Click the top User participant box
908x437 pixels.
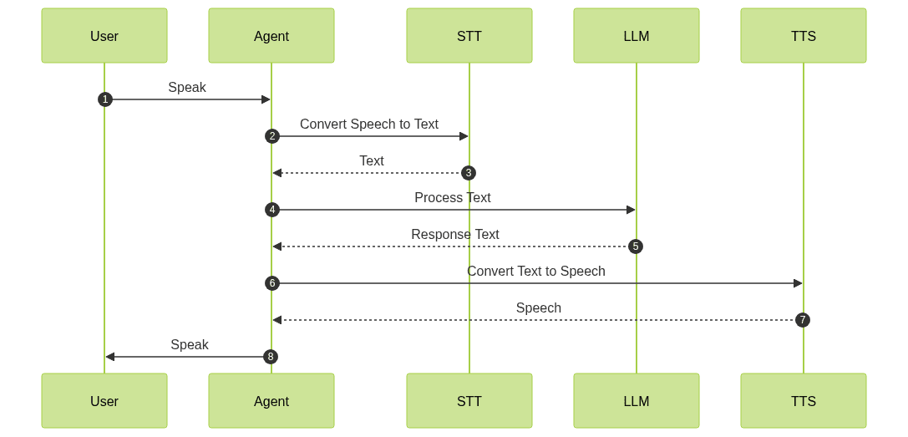click(x=104, y=36)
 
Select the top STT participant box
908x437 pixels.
click(x=469, y=36)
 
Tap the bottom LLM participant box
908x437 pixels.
click(x=637, y=401)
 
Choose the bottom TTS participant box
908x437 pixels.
click(x=804, y=401)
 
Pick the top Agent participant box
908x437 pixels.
click(x=271, y=36)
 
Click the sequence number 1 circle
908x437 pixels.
click(x=104, y=99)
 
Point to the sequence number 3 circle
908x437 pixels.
click(x=469, y=173)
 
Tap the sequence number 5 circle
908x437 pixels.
click(x=636, y=246)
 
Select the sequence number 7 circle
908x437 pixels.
click(x=803, y=320)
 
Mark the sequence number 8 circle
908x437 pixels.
click(x=270, y=357)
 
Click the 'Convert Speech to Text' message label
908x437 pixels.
click(x=369, y=124)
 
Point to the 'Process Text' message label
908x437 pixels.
click(x=453, y=197)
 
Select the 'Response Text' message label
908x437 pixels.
click(x=455, y=234)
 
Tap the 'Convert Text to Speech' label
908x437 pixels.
click(x=536, y=271)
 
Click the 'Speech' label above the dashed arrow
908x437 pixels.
click(x=539, y=307)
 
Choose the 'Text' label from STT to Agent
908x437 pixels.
click(x=372, y=160)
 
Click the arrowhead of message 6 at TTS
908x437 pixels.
click(x=798, y=283)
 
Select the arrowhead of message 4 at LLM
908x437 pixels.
click(x=631, y=210)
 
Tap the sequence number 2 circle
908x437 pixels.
click(x=271, y=136)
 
